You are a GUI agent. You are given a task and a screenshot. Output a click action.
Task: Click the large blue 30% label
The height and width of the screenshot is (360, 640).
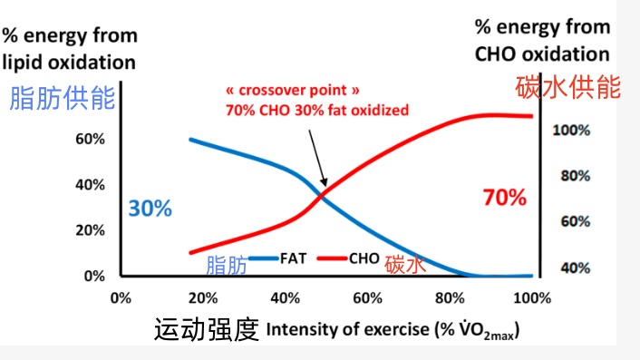coord(150,208)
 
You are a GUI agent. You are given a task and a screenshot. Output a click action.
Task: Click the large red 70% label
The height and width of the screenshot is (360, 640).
coord(504,197)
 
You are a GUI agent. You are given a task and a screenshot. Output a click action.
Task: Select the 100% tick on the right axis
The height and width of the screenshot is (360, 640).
coord(571,130)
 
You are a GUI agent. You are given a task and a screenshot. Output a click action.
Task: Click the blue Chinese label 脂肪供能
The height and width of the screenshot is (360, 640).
coord(62,99)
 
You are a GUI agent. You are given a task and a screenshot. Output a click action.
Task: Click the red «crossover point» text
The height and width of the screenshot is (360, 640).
coord(288,92)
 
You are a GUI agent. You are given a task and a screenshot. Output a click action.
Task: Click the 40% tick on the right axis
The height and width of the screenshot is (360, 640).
coord(571,268)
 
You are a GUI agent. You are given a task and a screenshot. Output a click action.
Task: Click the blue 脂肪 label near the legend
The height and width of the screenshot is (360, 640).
coord(227,266)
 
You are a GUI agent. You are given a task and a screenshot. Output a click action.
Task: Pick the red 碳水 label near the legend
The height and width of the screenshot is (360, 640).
coord(404,265)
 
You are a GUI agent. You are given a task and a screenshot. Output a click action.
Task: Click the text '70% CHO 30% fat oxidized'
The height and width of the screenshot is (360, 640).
coord(316,111)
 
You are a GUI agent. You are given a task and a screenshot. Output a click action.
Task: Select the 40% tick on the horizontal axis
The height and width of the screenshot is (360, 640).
coord(286,297)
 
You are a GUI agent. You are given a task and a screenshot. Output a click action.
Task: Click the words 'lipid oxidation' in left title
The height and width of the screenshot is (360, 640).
coord(69,62)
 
